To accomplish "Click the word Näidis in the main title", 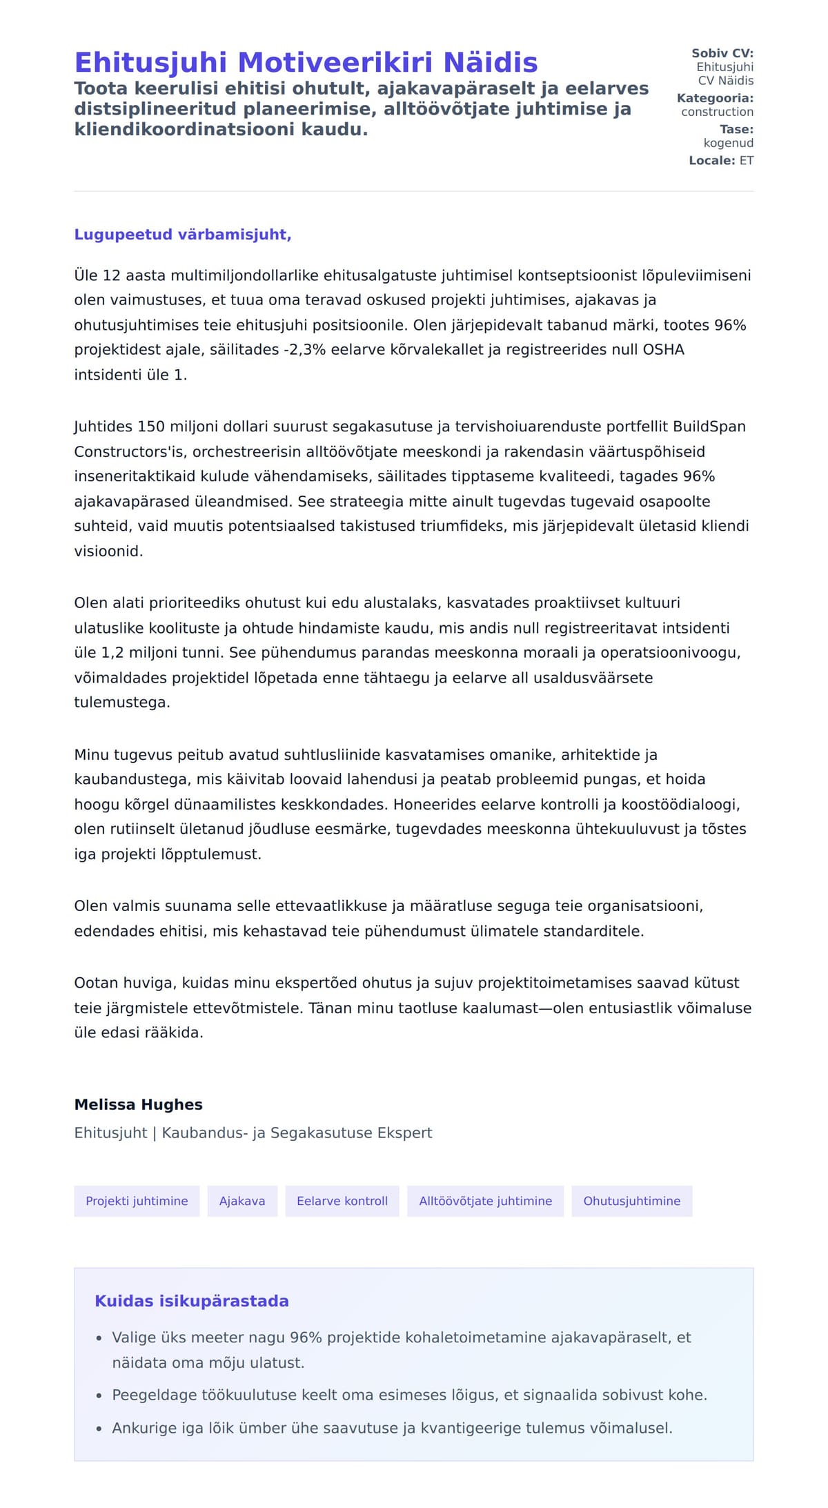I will click(x=491, y=63).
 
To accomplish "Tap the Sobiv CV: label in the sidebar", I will click(x=722, y=53).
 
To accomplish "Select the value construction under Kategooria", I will click(x=717, y=112).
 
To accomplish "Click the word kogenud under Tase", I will click(x=728, y=143).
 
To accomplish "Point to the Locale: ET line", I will click(x=721, y=161).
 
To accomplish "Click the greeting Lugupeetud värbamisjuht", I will click(x=182, y=235).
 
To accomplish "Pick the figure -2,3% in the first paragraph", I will click(x=304, y=350).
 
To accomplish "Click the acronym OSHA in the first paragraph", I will click(x=663, y=350).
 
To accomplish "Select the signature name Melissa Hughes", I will click(x=138, y=1105).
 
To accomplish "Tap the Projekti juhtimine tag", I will click(x=137, y=1202).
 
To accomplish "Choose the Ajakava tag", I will click(x=242, y=1202).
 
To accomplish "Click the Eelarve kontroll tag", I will click(x=342, y=1202).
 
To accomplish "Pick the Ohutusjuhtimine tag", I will click(x=631, y=1202).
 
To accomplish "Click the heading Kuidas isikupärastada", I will click(x=191, y=1302).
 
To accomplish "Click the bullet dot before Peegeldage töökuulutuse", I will click(x=99, y=1396).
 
